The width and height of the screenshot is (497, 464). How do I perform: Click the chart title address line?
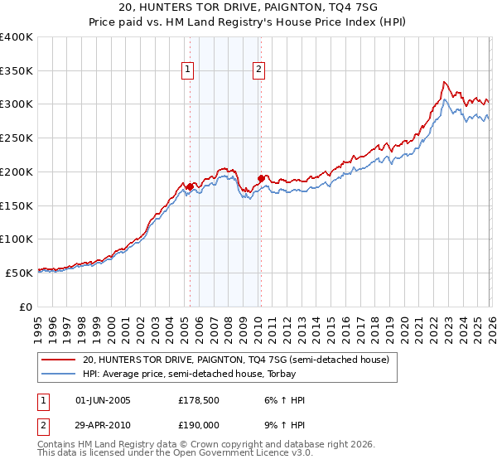248,7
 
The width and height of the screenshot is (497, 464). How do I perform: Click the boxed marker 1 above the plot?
190,70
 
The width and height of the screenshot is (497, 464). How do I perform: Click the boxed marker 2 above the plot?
259,70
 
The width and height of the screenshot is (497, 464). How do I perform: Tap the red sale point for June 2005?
190,186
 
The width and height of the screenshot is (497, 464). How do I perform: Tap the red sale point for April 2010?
261,178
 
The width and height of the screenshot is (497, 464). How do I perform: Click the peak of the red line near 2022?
444,82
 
